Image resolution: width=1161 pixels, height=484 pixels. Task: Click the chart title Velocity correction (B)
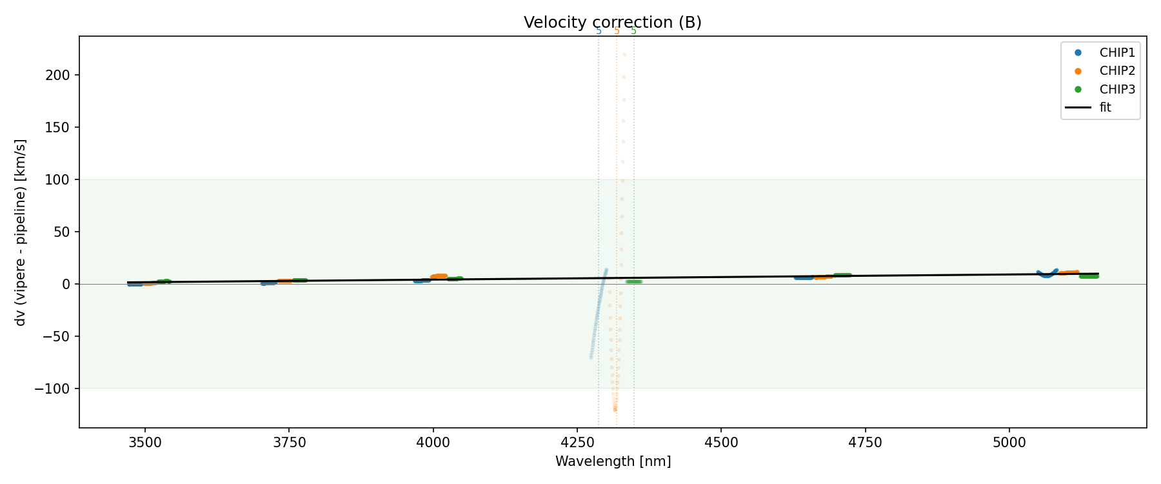tap(612, 23)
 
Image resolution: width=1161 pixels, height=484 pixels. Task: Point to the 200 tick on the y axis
tap(58, 76)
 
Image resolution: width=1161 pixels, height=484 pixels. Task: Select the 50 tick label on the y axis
tap(62, 232)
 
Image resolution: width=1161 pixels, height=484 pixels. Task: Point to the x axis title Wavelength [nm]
tap(613, 461)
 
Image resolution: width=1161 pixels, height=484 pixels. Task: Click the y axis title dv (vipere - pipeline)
tap(21, 232)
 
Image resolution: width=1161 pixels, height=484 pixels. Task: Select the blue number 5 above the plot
tap(599, 31)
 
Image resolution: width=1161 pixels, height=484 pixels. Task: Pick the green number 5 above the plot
tap(633, 31)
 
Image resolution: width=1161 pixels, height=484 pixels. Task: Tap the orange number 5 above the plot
tap(617, 31)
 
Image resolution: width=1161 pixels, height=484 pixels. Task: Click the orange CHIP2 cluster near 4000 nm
tap(439, 276)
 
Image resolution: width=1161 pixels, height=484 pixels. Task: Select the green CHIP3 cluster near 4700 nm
tap(842, 275)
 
